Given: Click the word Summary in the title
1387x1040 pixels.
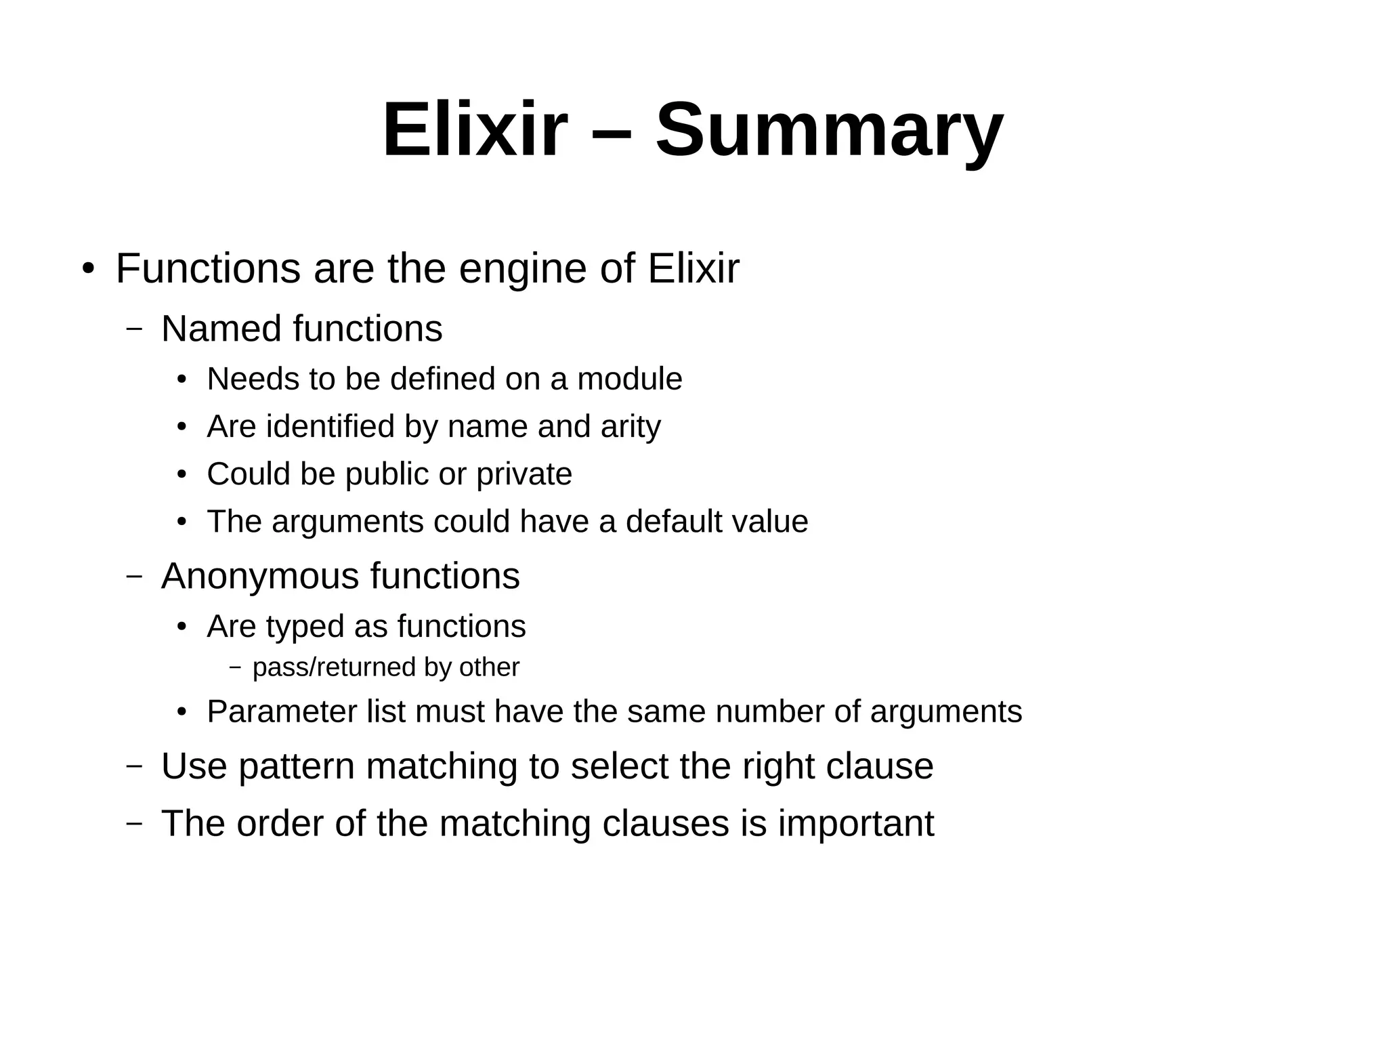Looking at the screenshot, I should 829,130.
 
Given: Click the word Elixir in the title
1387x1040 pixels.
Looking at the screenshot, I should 474,130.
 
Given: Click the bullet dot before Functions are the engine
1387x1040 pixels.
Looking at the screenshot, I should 87,270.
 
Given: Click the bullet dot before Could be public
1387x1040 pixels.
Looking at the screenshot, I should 182,475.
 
